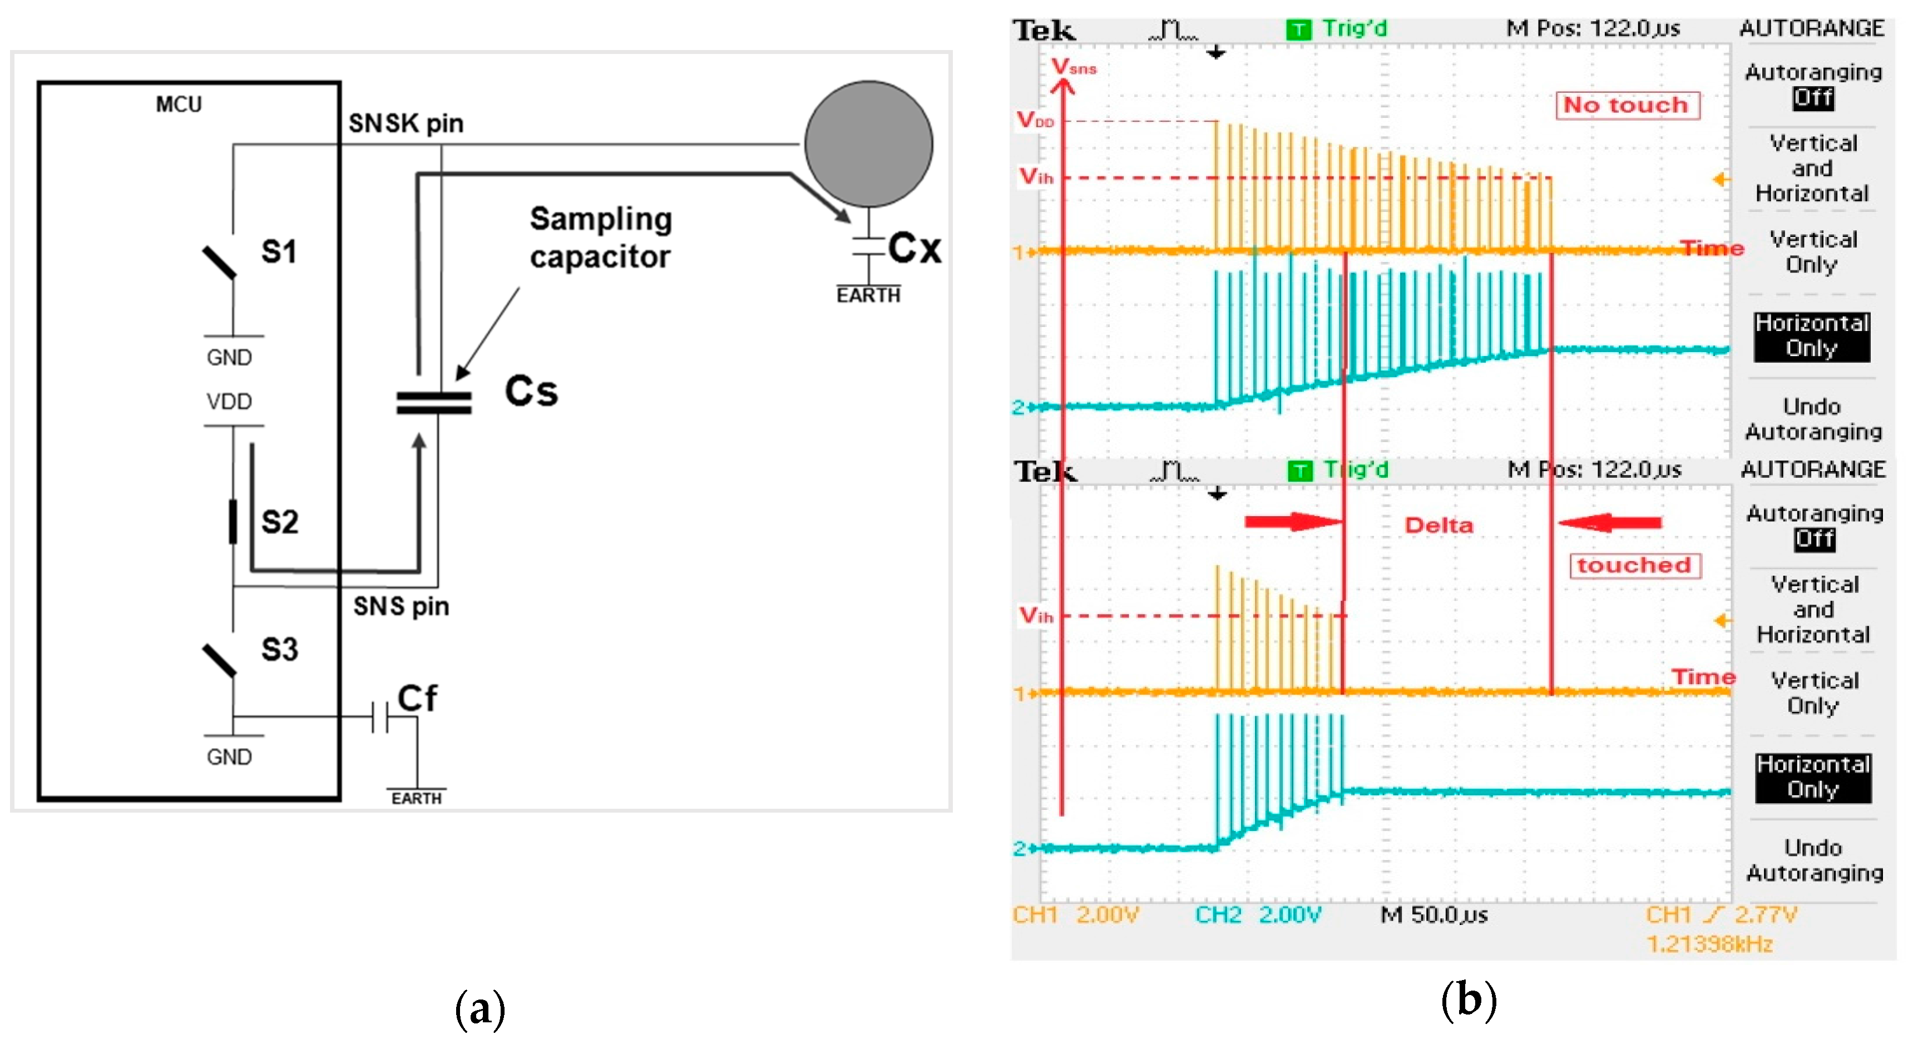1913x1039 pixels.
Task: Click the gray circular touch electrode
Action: click(x=868, y=144)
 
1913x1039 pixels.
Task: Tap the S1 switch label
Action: click(x=279, y=252)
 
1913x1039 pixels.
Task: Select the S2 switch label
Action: click(x=280, y=522)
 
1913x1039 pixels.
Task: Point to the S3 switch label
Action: click(x=280, y=650)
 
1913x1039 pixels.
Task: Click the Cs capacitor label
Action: click(x=531, y=392)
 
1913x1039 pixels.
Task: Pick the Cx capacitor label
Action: click(x=915, y=248)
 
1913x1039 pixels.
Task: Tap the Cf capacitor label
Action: click(x=417, y=698)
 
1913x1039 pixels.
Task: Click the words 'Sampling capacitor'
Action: click(x=601, y=238)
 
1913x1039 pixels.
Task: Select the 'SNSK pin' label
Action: click(x=406, y=123)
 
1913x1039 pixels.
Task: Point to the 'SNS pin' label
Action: click(x=401, y=607)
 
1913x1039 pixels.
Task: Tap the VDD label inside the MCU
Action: click(x=230, y=402)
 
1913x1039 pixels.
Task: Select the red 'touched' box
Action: click(x=1634, y=565)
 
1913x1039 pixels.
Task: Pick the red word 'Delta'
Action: click(x=1439, y=525)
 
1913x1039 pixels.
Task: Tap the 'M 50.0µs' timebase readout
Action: click(x=1434, y=915)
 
